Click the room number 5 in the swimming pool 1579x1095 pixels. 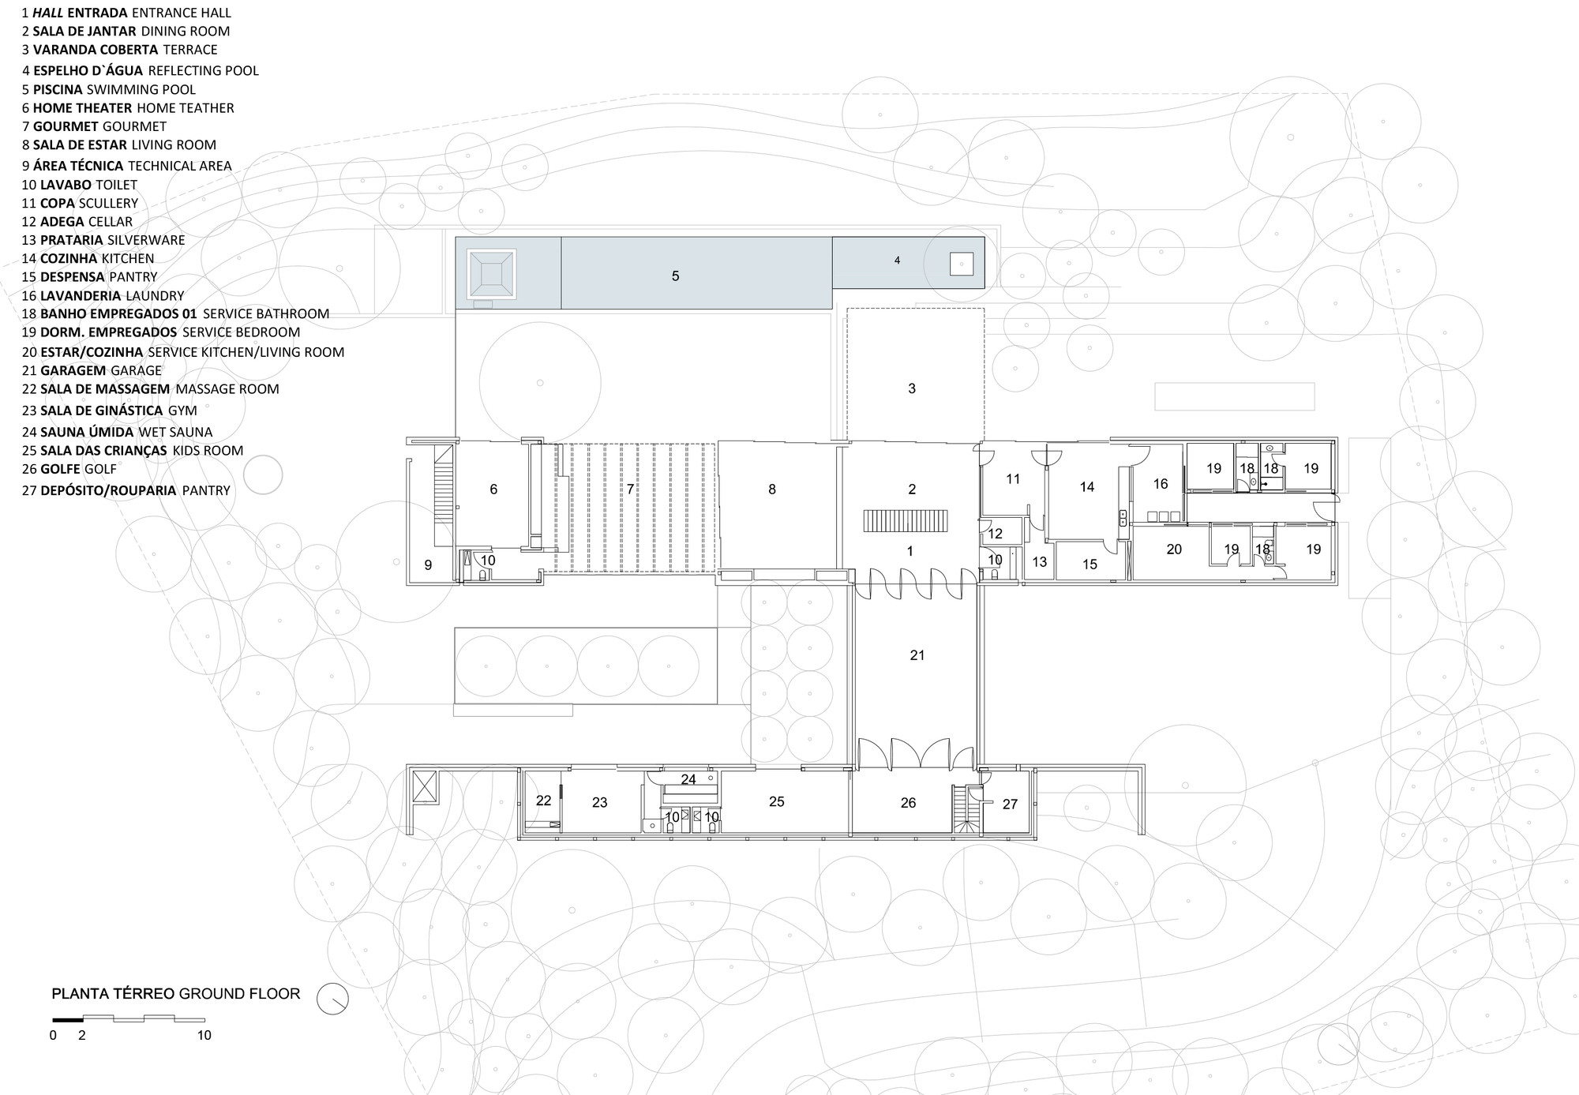tap(675, 276)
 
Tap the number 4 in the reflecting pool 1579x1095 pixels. tap(897, 260)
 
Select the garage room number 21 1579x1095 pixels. tap(917, 654)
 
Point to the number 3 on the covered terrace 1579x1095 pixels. tap(912, 388)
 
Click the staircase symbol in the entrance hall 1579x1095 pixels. tap(909, 521)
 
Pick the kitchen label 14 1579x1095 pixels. tap(1087, 487)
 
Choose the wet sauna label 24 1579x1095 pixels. tap(688, 779)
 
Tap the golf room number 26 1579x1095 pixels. tap(908, 803)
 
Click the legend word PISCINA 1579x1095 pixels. tap(58, 89)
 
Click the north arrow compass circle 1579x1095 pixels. tap(332, 999)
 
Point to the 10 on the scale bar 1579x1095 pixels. tap(204, 1035)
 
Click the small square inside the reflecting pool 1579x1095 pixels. tap(961, 264)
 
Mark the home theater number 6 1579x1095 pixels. tap(493, 489)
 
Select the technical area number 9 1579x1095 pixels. tap(428, 564)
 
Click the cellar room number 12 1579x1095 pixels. tap(995, 534)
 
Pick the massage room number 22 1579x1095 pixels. tap(543, 801)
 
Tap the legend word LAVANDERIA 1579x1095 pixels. tap(81, 295)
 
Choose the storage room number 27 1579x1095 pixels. tap(1010, 804)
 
